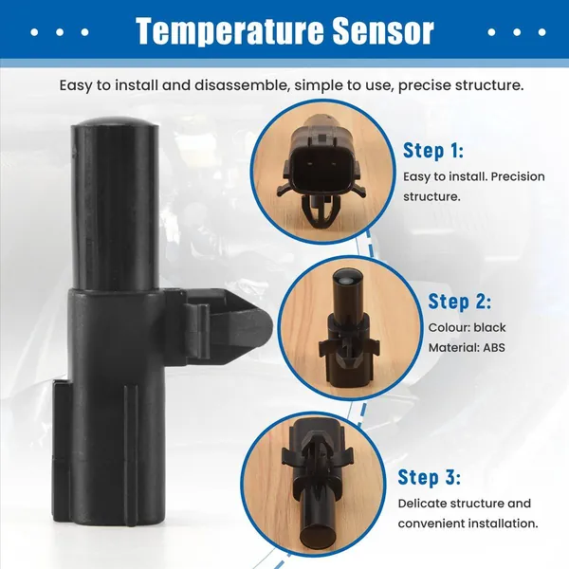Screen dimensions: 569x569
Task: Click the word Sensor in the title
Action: (383, 30)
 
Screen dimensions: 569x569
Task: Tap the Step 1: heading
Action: (433, 150)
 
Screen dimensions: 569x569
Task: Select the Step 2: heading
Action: (459, 302)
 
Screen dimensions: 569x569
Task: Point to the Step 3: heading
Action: (430, 477)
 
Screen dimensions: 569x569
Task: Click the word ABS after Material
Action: (494, 348)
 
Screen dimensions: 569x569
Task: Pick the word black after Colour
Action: (489, 328)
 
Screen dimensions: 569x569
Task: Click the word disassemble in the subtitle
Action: (242, 85)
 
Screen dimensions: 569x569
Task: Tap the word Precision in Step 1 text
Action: (518, 176)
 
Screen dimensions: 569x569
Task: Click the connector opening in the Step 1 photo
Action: (319, 167)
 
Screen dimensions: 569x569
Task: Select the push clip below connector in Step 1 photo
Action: (320, 214)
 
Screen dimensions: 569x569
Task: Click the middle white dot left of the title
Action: (61, 31)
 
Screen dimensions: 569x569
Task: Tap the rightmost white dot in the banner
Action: (542, 31)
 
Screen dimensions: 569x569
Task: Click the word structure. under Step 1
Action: (431, 197)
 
